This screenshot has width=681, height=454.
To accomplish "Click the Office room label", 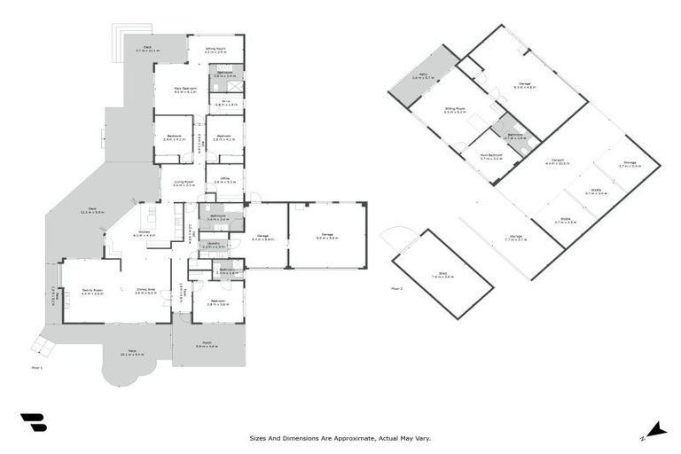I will click(224, 180).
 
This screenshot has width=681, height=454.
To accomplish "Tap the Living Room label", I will click(184, 184).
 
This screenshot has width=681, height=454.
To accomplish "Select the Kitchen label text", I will click(144, 234).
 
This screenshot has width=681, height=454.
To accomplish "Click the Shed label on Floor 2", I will click(442, 276).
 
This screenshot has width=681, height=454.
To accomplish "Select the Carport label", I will click(555, 161).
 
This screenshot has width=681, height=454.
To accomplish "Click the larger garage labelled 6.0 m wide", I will click(327, 235).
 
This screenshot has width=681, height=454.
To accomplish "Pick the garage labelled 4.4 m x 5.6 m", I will click(264, 238).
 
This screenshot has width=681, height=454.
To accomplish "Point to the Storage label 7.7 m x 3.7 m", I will click(516, 238).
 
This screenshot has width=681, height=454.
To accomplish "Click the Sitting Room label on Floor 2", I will click(455, 110).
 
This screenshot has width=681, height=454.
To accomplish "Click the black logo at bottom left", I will click(33, 423).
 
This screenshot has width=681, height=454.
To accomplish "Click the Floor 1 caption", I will click(36, 366).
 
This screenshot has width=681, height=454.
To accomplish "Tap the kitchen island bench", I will click(152, 215).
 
